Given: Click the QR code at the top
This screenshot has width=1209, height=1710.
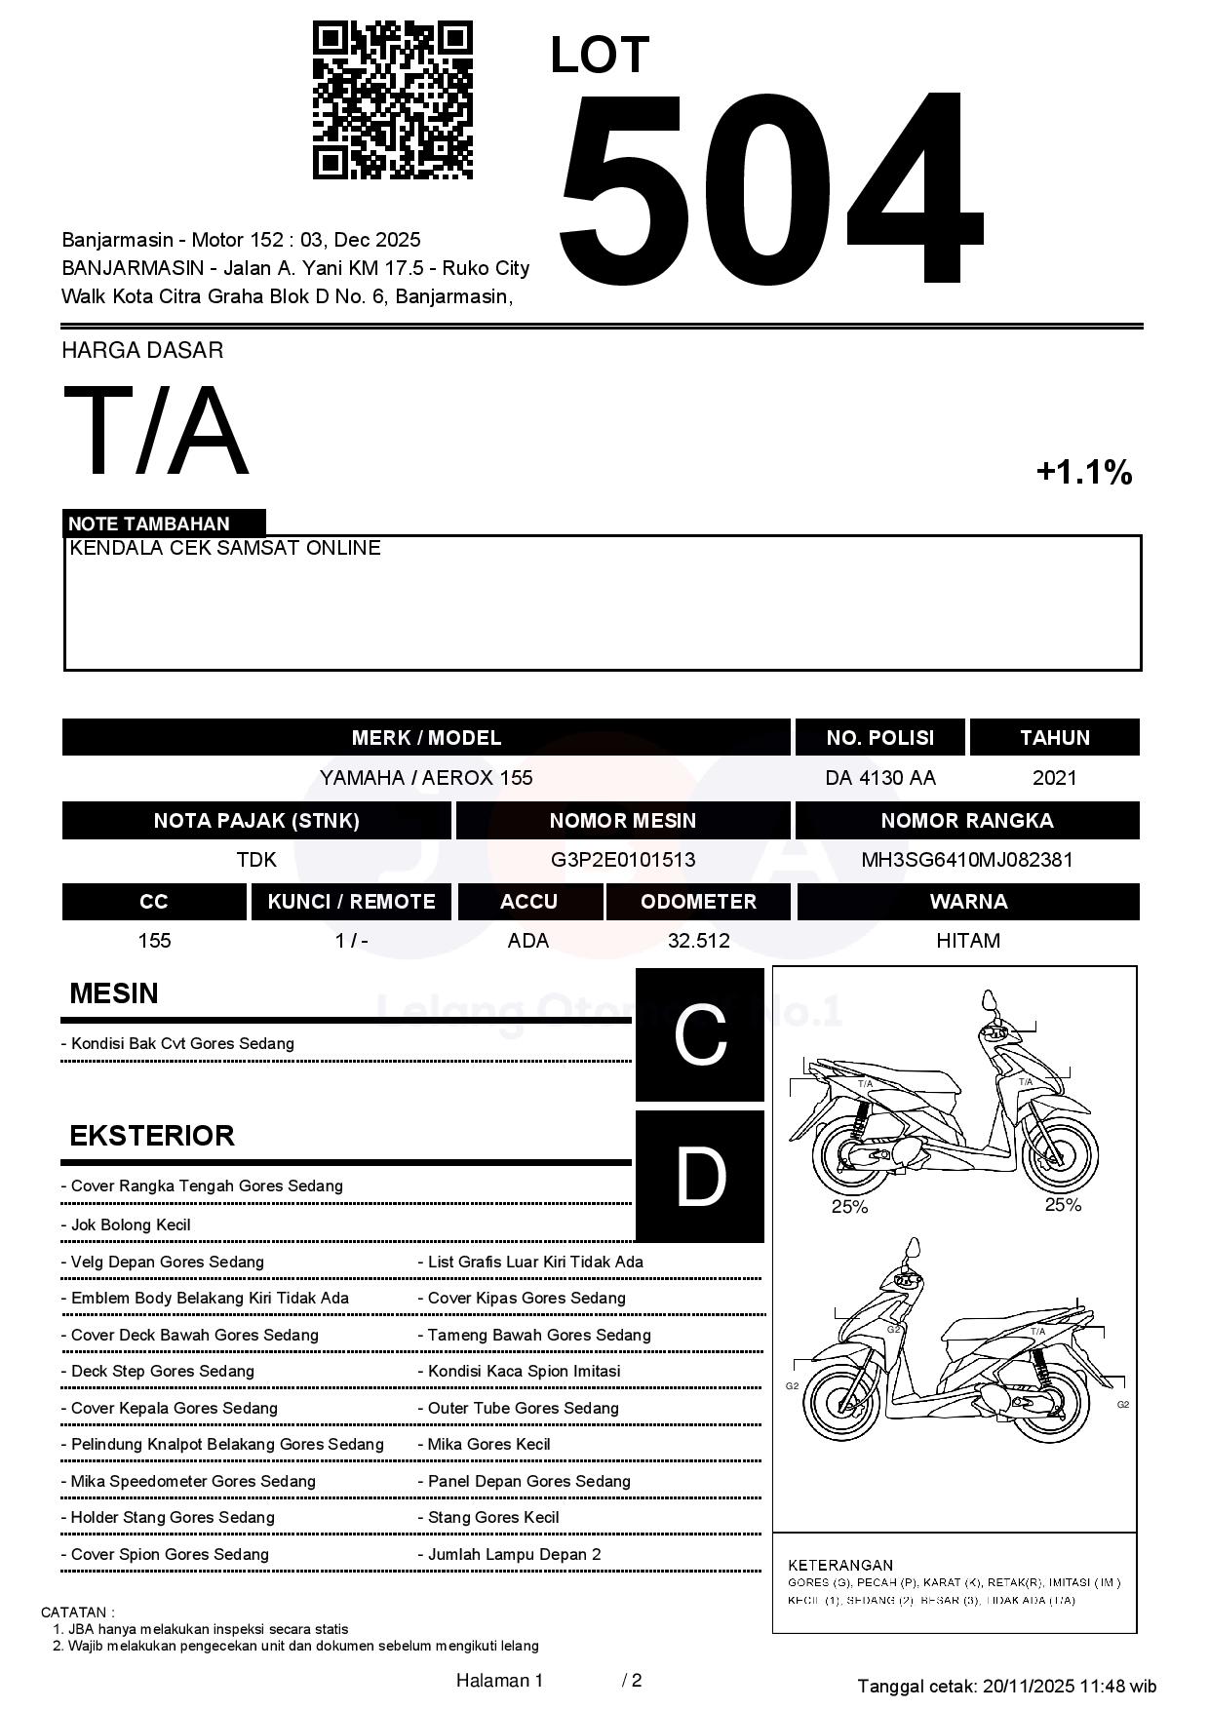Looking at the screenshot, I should pyautogui.click(x=392, y=100).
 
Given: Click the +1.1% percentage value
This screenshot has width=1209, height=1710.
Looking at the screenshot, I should pyautogui.click(x=1083, y=473).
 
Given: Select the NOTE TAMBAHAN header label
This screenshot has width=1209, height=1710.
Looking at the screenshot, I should pyautogui.click(x=149, y=524).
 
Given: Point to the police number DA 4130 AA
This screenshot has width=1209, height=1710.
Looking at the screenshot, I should pyautogui.click(x=879, y=778).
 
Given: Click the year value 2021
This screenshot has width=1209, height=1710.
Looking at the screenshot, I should pyautogui.click(x=1054, y=778).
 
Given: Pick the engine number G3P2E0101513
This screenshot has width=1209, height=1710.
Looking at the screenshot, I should pyautogui.click(x=623, y=860).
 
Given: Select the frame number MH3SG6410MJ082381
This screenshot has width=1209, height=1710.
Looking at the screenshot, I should pyautogui.click(x=966, y=860).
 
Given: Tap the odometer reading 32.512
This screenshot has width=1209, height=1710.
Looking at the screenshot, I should pyautogui.click(x=698, y=941).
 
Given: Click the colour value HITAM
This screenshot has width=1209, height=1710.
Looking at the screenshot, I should pyautogui.click(x=967, y=941).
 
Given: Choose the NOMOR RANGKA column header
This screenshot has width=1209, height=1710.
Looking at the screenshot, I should pyautogui.click(x=966, y=821).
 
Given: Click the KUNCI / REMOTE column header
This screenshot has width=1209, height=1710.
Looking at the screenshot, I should pyautogui.click(x=351, y=902).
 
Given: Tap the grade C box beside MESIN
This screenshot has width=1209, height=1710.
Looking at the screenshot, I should pyautogui.click(x=700, y=1034).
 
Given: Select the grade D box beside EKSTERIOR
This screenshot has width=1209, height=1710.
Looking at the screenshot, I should pyautogui.click(x=700, y=1177).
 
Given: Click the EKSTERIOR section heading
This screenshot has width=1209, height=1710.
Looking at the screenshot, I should pyautogui.click(x=152, y=1136).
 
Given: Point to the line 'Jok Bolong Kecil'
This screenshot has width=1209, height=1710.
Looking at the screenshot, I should pyautogui.click(x=131, y=1225).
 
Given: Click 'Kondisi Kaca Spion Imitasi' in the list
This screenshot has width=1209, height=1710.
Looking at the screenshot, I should pyautogui.click(x=524, y=1372).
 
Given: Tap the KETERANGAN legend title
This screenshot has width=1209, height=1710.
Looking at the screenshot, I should pyautogui.click(x=840, y=1565).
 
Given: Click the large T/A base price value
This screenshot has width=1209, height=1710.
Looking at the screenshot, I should pyautogui.click(x=156, y=432).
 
